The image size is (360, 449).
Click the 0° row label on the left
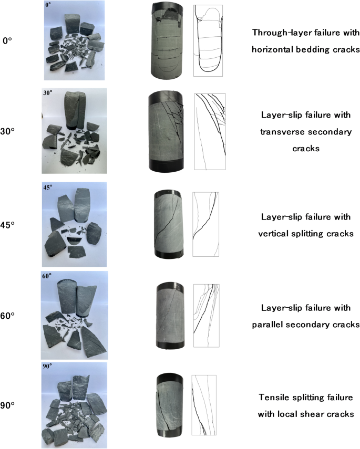(x=7, y=40)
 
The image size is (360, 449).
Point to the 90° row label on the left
(x=9, y=405)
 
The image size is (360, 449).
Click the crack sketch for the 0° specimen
(x=209, y=40)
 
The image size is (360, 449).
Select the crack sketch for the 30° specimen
(x=210, y=131)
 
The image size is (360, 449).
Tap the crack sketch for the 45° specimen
(x=205, y=224)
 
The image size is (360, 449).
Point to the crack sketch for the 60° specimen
(x=206, y=316)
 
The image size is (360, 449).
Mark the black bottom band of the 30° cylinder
(x=166, y=164)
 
